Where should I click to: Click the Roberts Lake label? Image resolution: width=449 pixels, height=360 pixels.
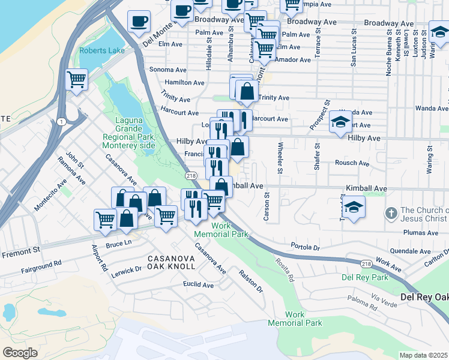pos(101,50)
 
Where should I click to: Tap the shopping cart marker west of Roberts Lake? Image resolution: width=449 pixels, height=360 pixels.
pos(76,79)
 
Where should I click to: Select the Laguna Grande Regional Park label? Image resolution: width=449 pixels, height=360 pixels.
pos(129,133)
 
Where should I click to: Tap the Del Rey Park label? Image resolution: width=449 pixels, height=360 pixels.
pos(365,277)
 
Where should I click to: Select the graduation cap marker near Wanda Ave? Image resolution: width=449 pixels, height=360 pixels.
pos(340,121)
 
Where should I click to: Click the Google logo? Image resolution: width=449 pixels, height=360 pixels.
pos(20,352)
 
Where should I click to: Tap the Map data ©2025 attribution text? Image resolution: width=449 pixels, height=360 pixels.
pos(424,355)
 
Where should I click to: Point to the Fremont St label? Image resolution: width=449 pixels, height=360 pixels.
pos(20,255)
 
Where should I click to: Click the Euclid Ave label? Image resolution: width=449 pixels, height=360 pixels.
pos(199,285)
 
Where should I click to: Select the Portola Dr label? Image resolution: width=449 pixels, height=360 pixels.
pos(306,247)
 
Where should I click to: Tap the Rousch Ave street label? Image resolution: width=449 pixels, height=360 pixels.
pos(352,163)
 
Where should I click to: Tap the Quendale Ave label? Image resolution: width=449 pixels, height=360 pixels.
pos(410,251)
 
